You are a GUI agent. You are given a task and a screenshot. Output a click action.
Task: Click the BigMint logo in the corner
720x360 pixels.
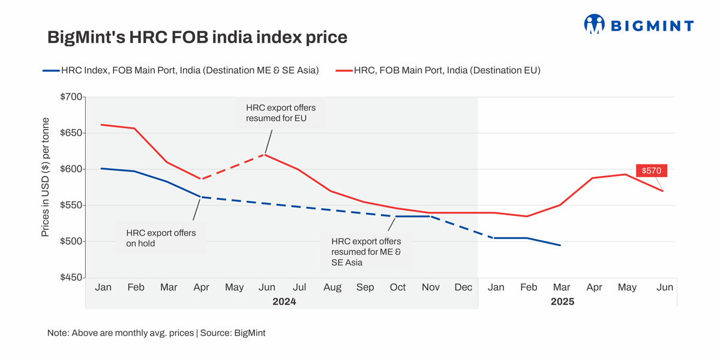click(x=638, y=25)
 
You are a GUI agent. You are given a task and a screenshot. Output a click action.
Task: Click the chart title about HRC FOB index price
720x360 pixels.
click(x=197, y=37)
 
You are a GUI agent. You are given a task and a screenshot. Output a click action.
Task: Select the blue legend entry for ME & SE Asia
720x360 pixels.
click(x=181, y=70)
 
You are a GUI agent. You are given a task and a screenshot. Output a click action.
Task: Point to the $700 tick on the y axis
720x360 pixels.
click(x=71, y=97)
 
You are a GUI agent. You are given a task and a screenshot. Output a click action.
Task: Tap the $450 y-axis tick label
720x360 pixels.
click(x=71, y=278)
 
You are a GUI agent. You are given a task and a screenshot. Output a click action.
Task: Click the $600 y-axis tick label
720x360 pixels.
click(x=71, y=169)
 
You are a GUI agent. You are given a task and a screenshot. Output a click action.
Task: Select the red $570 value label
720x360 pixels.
click(x=652, y=171)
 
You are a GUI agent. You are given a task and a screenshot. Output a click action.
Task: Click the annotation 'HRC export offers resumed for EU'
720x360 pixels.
click(x=281, y=113)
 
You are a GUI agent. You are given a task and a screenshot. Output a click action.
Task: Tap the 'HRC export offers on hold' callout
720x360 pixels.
click(x=161, y=238)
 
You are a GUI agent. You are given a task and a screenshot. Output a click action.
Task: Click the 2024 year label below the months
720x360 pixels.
click(x=284, y=302)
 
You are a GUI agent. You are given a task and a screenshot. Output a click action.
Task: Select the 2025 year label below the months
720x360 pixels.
click(x=562, y=302)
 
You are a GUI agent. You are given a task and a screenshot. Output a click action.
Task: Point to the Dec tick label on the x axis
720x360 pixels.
click(x=463, y=288)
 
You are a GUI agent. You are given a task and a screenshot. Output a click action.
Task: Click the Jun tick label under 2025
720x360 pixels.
click(x=665, y=288)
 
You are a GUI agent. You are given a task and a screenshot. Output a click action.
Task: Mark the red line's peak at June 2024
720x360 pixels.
click(x=265, y=154)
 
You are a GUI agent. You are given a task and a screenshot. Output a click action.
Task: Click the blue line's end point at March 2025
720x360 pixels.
click(x=560, y=245)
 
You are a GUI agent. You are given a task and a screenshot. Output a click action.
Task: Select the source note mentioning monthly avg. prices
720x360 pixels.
click(x=156, y=332)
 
